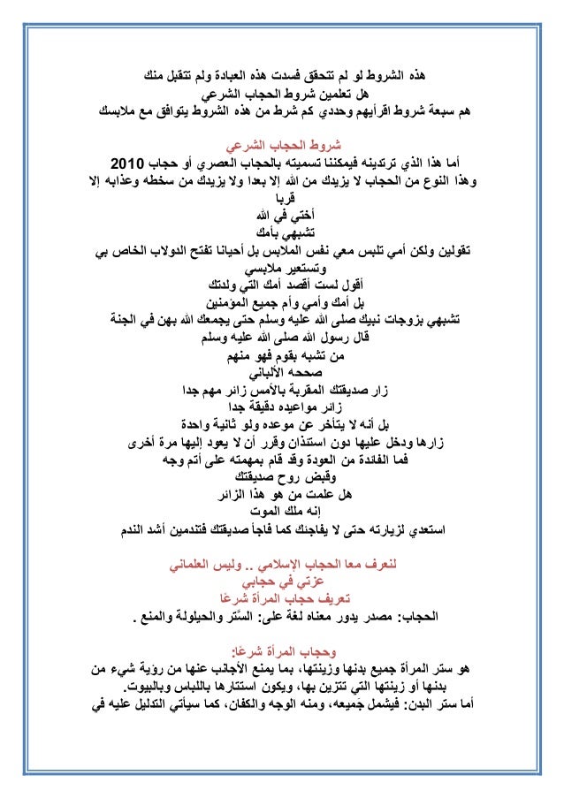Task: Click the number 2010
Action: (131, 165)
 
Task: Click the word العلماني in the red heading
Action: (202, 562)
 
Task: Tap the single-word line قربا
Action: (282, 200)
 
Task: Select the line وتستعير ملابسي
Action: (282, 269)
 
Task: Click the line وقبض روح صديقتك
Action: (282, 477)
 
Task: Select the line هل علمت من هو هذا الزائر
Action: (282, 495)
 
